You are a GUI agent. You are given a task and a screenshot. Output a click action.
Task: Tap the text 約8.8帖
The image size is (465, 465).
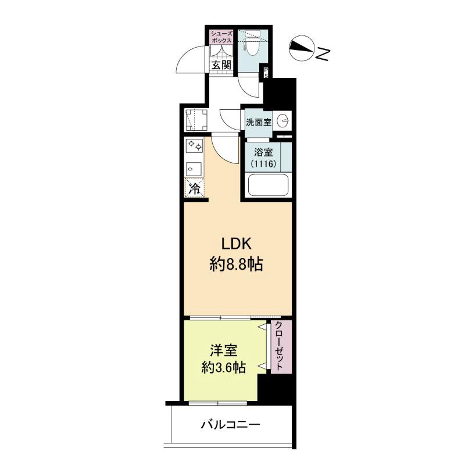(x=237, y=265)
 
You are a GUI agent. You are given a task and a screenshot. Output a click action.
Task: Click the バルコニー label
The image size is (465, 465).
(x=231, y=424)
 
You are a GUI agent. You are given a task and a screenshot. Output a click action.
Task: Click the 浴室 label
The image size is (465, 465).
(x=263, y=153)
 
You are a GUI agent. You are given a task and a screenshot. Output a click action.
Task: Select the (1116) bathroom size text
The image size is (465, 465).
(x=263, y=164)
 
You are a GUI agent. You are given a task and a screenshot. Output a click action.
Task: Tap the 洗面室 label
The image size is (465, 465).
(x=258, y=123)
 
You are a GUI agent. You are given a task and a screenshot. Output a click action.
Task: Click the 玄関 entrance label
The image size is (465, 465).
(x=221, y=65)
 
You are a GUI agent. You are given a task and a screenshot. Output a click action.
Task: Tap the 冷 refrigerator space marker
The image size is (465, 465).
(x=195, y=188)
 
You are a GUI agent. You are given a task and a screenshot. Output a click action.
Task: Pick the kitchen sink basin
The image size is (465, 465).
(x=194, y=169)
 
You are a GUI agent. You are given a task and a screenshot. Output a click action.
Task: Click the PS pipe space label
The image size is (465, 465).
(x=266, y=74)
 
